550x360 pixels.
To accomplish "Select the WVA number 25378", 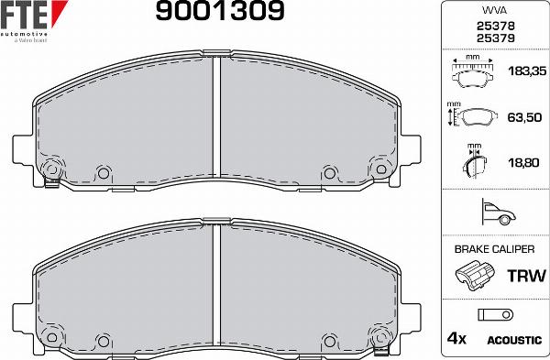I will [x=494, y=27].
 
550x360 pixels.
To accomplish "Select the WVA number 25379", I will [x=494, y=38].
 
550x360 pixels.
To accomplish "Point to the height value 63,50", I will [x=521, y=118].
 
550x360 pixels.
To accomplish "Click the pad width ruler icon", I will [x=473, y=70].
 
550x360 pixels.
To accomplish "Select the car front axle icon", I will [x=496, y=213].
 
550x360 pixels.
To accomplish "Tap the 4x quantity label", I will [x=456, y=339].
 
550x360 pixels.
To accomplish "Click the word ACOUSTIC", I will [x=513, y=340].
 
